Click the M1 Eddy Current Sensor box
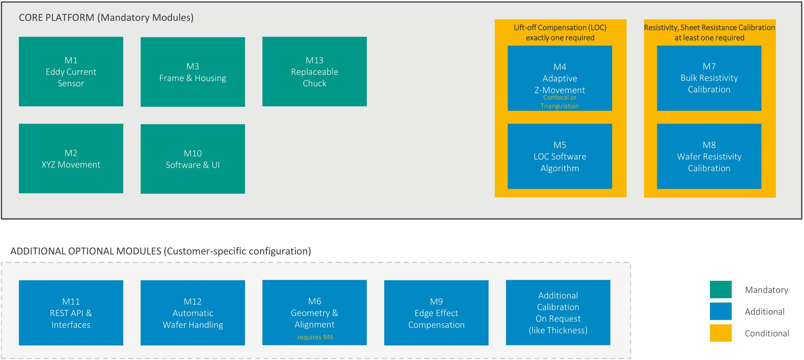tap(71, 71)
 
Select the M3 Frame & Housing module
tap(193, 72)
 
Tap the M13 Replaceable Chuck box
tap(315, 71)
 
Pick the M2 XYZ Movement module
tap(71, 158)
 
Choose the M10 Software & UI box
tap(193, 159)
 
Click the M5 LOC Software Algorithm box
tap(560, 156)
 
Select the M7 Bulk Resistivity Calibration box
tap(709, 78)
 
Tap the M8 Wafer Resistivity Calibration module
tap(709, 156)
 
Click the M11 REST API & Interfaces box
tap(71, 313)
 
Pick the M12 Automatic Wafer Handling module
tap(193, 313)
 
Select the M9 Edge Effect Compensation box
tap(436, 313)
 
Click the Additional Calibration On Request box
tap(558, 312)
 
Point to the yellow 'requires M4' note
tap(315, 337)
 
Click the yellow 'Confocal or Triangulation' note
tap(560, 102)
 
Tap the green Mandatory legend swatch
tap(721, 290)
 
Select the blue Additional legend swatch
tap(721, 311)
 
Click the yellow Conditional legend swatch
tap(721, 333)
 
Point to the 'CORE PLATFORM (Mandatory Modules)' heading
tap(106, 18)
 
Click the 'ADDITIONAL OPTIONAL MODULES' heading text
tap(86, 251)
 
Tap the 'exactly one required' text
tap(560, 38)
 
